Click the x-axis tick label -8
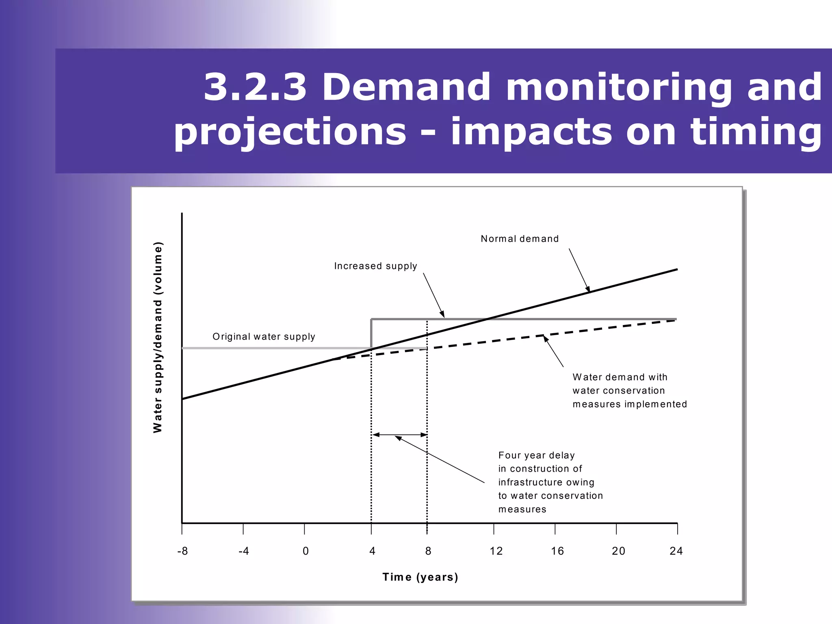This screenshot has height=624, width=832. pyautogui.click(x=182, y=551)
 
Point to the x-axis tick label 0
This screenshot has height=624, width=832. pyautogui.click(x=305, y=551)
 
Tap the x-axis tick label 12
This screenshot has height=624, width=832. pyautogui.click(x=496, y=551)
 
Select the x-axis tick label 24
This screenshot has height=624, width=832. pyautogui.click(x=676, y=551)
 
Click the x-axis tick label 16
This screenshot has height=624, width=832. pyautogui.click(x=557, y=551)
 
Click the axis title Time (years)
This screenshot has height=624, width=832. pyautogui.click(x=420, y=577)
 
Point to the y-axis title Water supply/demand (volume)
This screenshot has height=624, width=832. pyautogui.click(x=158, y=337)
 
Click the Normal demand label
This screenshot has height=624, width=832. pyautogui.click(x=520, y=239)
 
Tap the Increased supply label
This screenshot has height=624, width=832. pyautogui.click(x=375, y=266)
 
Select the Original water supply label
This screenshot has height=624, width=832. pyautogui.click(x=264, y=337)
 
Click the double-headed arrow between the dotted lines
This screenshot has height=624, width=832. pyautogui.click(x=399, y=435)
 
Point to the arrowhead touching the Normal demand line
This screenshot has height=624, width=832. pyautogui.click(x=588, y=289)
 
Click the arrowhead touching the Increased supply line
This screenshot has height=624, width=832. pyautogui.click(x=442, y=314)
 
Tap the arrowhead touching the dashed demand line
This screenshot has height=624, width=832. pyautogui.click(x=546, y=338)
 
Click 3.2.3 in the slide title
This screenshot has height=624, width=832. pyautogui.click(x=255, y=87)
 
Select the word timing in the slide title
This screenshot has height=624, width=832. pyautogui.click(x=756, y=132)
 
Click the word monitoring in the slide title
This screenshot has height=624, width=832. pyautogui.click(x=618, y=87)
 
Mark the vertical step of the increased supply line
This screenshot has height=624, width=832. pyautogui.click(x=371, y=333)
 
